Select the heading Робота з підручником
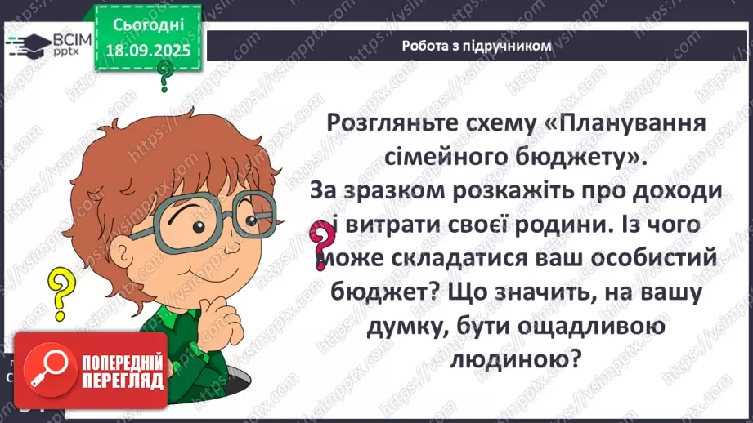(477, 46)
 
